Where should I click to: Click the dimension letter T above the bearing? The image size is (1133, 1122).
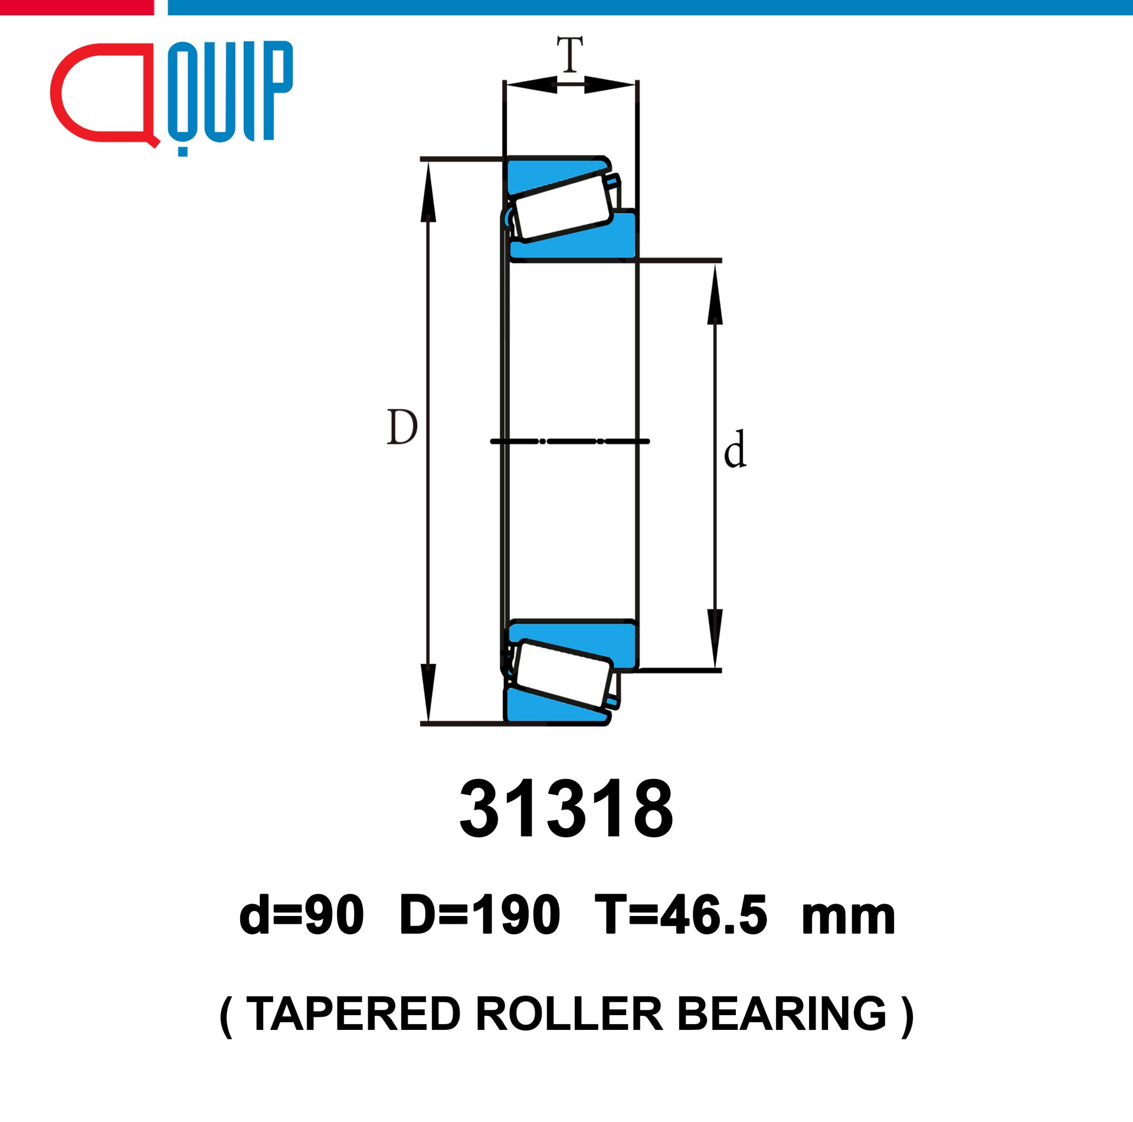tap(570, 54)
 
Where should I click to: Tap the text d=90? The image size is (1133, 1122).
tap(302, 915)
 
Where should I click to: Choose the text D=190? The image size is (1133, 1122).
tap(479, 915)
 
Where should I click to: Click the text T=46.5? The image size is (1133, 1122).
tap(680, 915)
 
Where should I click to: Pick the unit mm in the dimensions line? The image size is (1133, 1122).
tap(849, 920)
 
